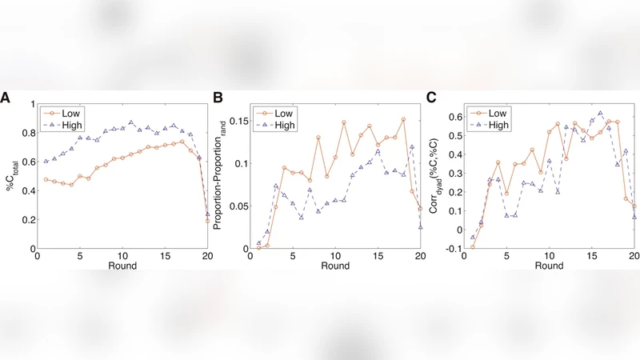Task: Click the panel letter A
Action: coord(6,98)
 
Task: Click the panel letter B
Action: coord(218,98)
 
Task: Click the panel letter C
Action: coord(431,98)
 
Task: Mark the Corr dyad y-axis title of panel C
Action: coord(436,176)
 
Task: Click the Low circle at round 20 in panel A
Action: coord(208,220)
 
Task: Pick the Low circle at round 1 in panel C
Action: coord(472,246)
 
